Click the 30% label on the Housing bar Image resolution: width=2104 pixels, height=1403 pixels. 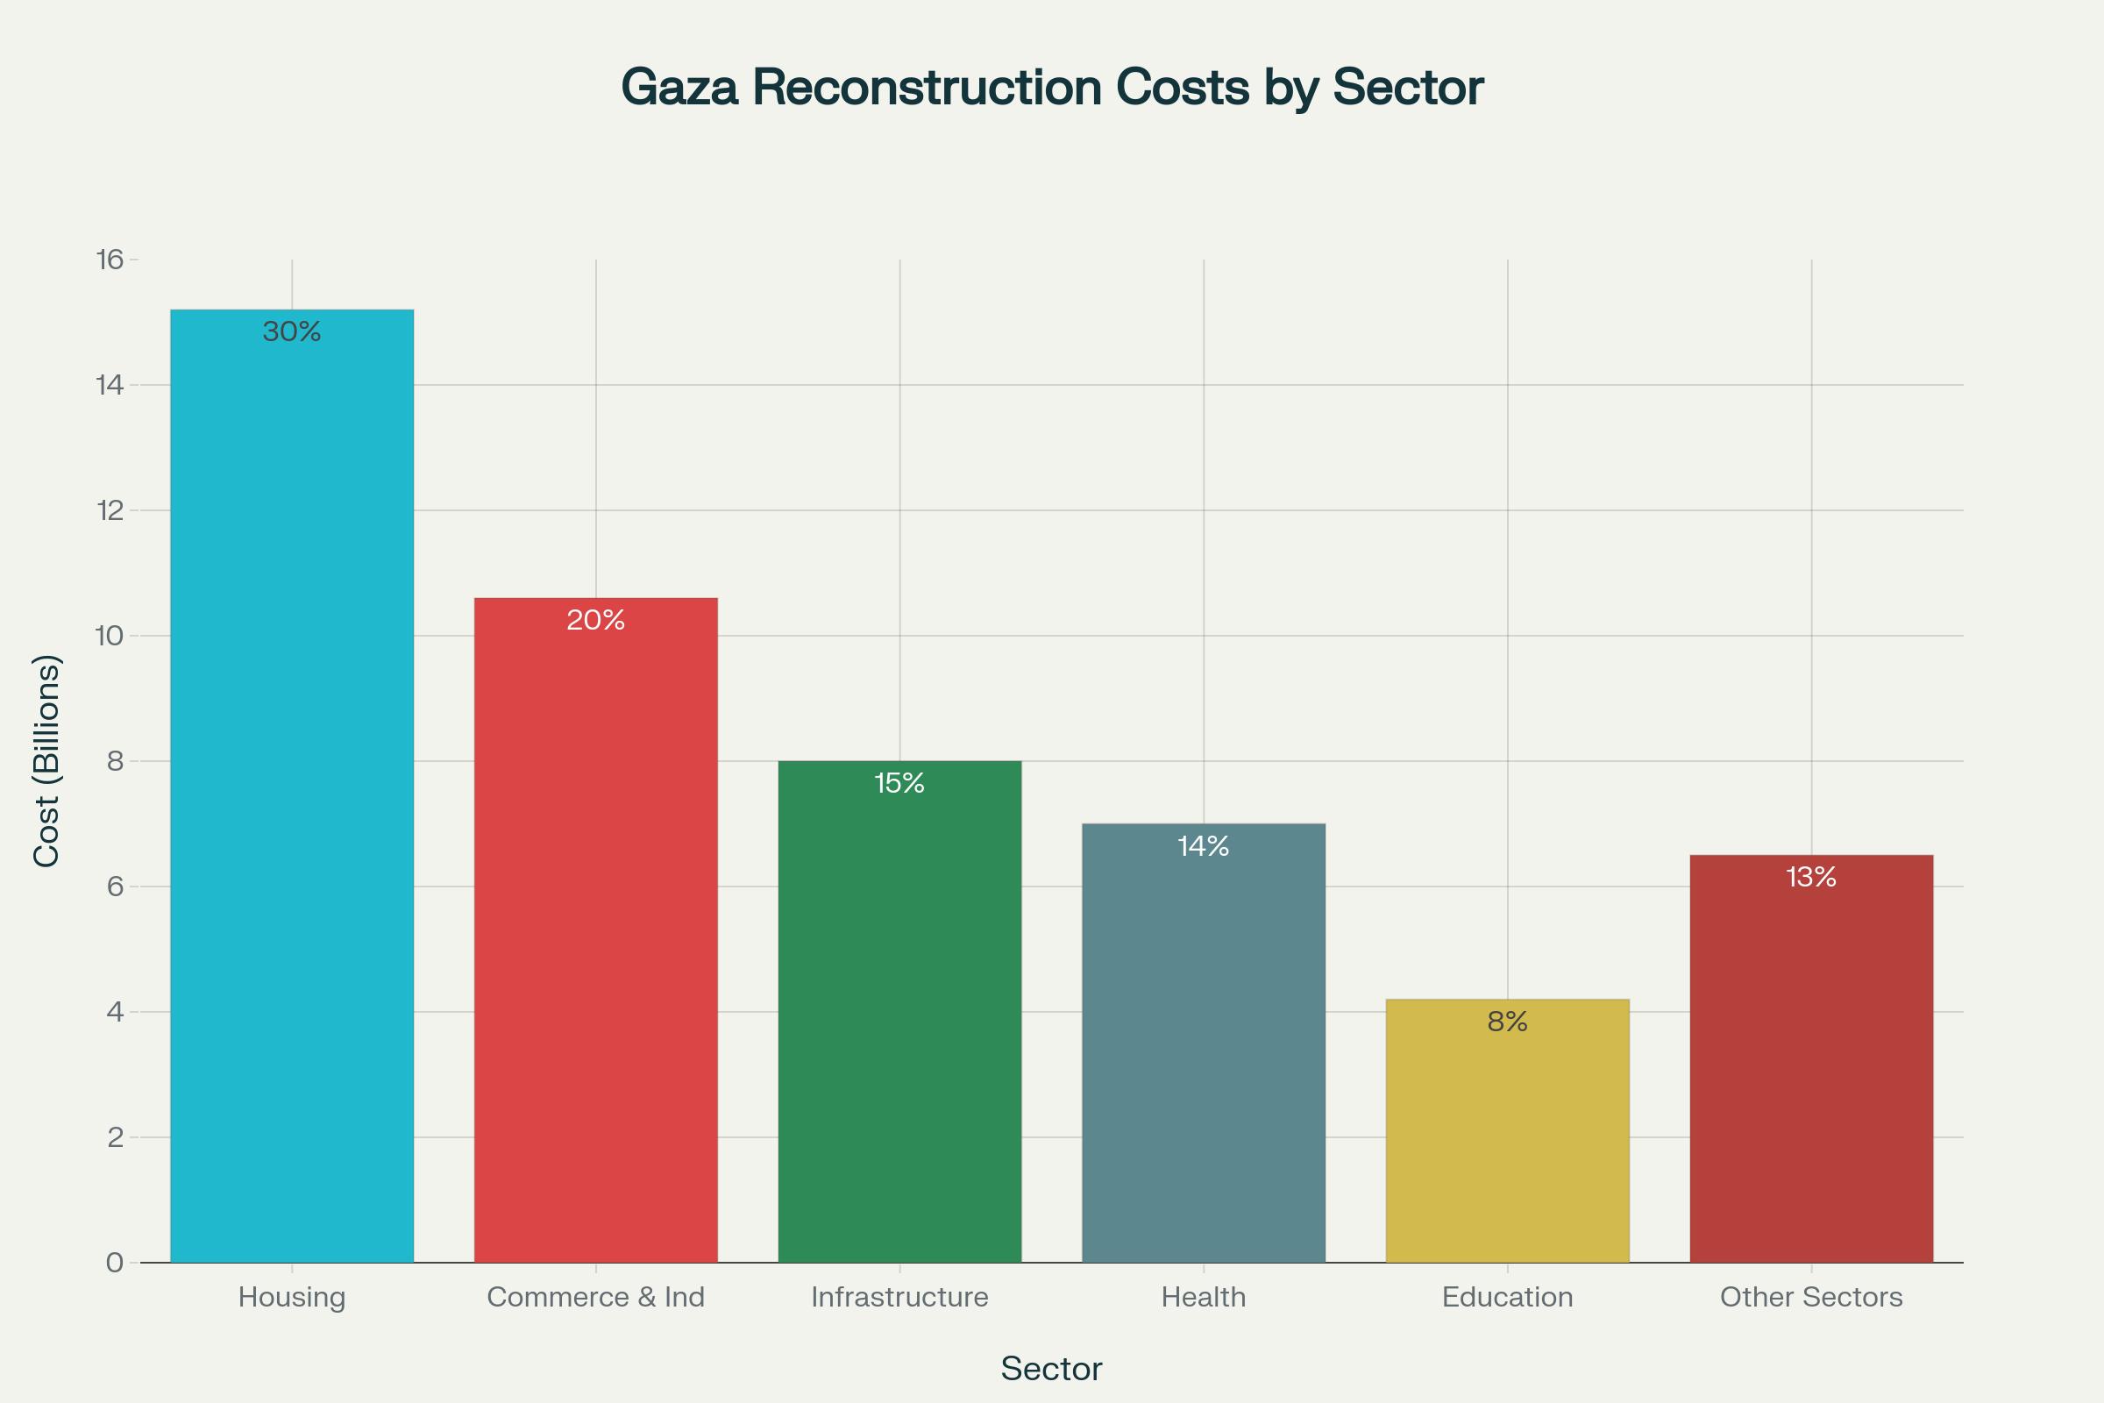(x=292, y=332)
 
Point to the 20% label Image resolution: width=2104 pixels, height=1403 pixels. (x=596, y=620)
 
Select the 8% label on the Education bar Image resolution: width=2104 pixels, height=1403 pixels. (x=1507, y=1022)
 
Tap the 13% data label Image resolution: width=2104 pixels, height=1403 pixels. (x=1811, y=877)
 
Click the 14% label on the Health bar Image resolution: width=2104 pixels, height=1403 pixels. (x=1203, y=845)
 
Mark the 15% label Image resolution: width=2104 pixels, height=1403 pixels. (x=900, y=783)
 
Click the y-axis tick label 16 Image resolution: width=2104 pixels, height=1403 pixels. (x=110, y=260)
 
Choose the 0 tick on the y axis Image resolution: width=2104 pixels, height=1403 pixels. (x=115, y=1263)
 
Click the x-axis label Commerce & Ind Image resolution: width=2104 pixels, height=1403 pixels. (x=596, y=1297)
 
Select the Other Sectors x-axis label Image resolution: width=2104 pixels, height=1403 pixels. (x=1811, y=1297)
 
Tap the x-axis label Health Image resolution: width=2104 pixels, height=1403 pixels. (x=1203, y=1297)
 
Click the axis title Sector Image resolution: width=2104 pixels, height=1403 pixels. (x=1051, y=1369)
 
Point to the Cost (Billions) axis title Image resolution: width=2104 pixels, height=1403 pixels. (x=46, y=760)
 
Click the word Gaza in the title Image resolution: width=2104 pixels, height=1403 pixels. (x=680, y=88)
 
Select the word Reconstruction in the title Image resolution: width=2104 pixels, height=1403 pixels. (x=927, y=88)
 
